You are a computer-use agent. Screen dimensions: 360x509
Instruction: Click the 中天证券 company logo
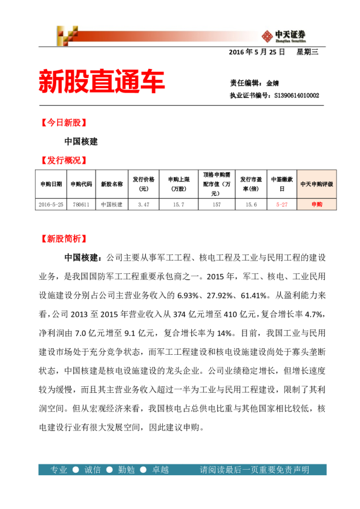283,35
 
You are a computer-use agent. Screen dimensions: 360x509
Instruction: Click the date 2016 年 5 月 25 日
257,53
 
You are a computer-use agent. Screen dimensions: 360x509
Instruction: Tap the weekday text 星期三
307,53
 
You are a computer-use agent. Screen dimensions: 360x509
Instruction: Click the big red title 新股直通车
101,82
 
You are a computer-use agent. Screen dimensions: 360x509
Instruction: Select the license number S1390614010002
296,95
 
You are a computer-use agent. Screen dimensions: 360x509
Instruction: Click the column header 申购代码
81,184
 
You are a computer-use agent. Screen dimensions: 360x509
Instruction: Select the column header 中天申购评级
316,184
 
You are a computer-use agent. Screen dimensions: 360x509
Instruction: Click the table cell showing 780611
81,204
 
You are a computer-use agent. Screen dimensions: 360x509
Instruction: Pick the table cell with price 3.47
143,204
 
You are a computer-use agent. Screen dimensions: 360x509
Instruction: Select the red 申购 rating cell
316,204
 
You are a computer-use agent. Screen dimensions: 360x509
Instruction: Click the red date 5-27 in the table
282,204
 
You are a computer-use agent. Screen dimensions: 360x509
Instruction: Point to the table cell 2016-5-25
51,204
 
